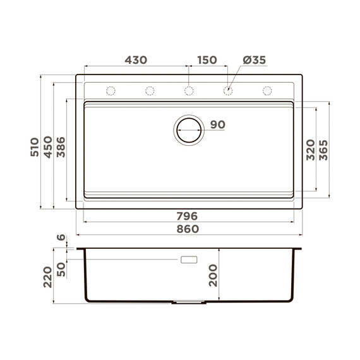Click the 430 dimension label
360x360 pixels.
point(136,60)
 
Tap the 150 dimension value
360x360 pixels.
point(207,60)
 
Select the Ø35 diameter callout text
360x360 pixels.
point(255,60)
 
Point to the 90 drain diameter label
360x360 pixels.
point(218,124)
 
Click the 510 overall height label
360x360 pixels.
point(35,147)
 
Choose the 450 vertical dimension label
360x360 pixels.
point(48,147)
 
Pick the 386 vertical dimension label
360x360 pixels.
point(61,147)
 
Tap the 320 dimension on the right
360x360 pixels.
point(311,150)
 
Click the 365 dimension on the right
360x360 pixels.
point(323,150)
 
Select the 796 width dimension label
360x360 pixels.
point(187,216)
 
